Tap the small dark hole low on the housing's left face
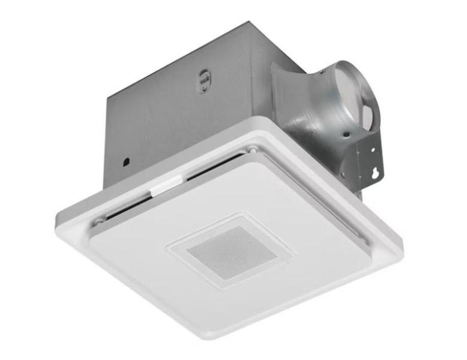pos(127,161)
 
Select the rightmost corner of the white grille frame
pos(403,253)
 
